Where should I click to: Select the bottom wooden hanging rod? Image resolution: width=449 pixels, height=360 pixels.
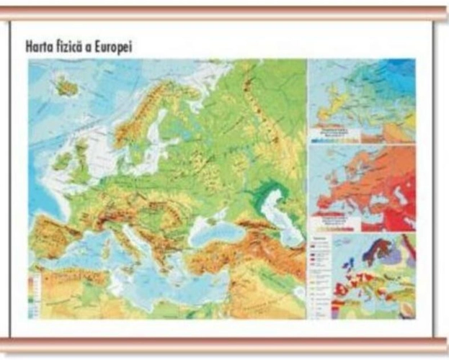tap(224, 344)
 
